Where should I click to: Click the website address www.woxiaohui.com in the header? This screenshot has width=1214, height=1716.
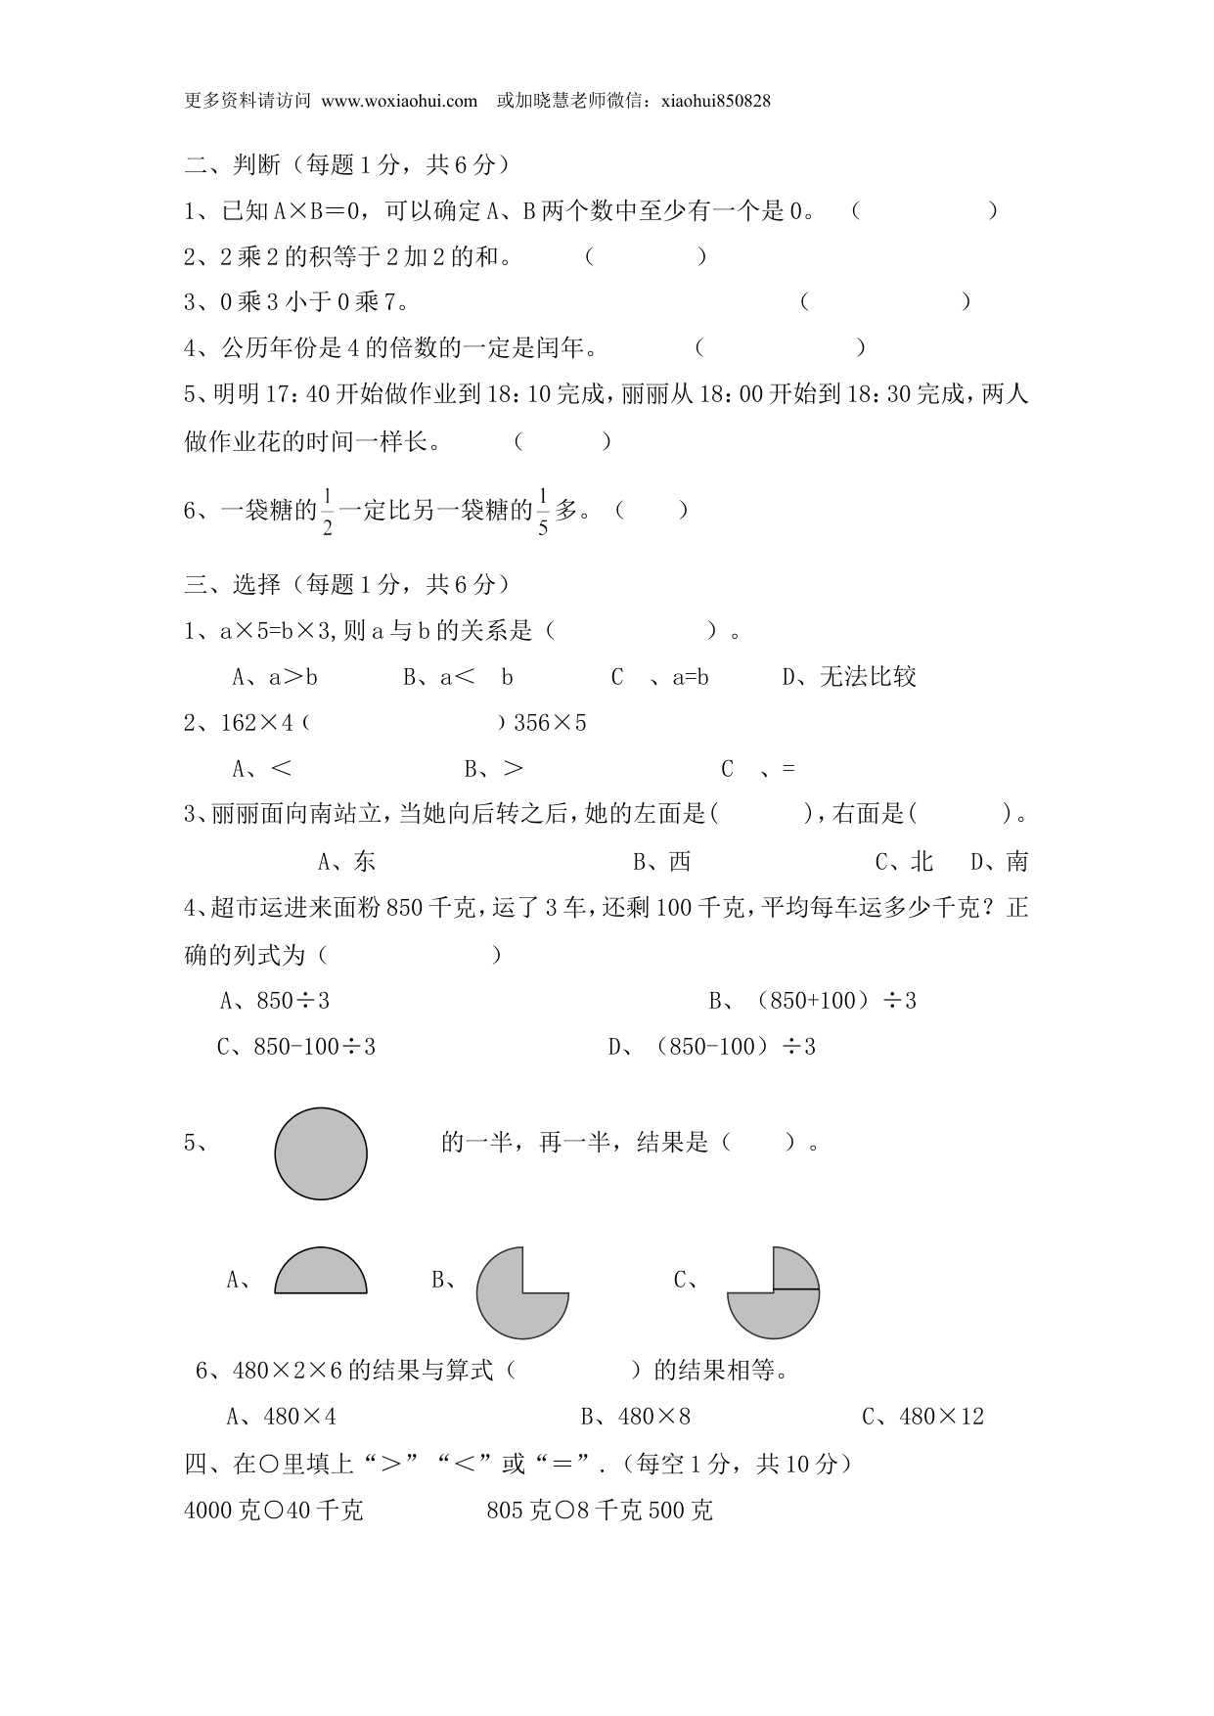(399, 101)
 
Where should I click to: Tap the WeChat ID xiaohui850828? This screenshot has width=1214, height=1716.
(716, 101)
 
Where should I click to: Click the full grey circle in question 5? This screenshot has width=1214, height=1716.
(321, 1153)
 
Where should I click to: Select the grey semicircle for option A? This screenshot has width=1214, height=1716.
(321, 1272)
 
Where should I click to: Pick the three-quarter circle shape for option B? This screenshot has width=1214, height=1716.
(521, 1293)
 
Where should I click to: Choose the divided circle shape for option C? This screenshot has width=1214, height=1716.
(773, 1292)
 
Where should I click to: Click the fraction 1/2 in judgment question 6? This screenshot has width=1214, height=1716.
(328, 511)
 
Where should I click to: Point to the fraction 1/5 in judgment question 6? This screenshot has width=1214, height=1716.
(543, 511)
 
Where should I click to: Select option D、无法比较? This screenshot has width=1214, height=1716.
(849, 677)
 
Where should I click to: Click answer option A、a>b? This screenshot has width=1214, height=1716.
(275, 677)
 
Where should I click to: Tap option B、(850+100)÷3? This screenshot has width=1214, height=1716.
(812, 1001)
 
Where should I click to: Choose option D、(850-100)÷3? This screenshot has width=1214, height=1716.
(711, 1047)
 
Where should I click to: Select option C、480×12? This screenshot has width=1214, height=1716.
(922, 1417)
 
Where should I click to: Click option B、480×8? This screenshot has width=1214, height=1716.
(636, 1417)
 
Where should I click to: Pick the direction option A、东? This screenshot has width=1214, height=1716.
(347, 862)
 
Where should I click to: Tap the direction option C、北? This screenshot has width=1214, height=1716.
(904, 862)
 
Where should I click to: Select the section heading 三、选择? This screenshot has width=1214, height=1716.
(233, 585)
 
